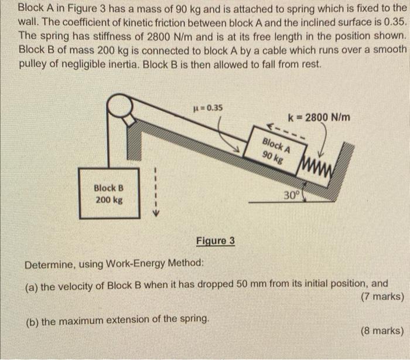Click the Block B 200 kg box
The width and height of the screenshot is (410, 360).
coord(109,193)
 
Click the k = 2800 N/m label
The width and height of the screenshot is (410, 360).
coord(320,116)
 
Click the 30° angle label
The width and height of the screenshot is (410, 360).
coord(292,195)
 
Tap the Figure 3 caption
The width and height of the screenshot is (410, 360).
coord(216,241)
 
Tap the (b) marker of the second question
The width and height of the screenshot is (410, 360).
coord(32,321)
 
